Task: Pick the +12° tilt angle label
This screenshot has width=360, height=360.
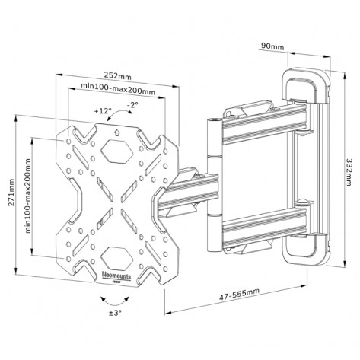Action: [x=103, y=111]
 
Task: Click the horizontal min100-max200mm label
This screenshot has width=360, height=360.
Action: [x=117, y=90]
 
